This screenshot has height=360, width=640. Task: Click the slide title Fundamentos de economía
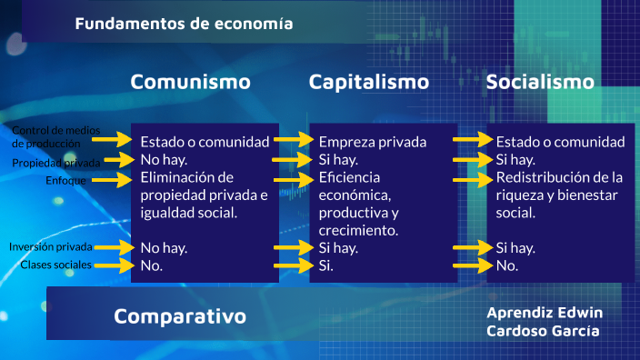184,24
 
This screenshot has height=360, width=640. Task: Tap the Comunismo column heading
190,82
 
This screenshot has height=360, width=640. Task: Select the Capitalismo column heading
368,82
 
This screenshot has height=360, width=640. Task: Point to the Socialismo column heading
540,82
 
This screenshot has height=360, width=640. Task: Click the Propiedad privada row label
56,163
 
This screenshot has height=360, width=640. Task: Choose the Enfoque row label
65,180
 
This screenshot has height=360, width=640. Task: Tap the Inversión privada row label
51,246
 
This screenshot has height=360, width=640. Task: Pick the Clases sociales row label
56,265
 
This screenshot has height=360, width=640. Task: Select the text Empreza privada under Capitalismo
372,142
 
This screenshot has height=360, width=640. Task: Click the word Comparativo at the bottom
180,316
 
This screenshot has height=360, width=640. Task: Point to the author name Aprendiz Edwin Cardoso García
545,321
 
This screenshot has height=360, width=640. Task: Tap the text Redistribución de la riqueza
559,185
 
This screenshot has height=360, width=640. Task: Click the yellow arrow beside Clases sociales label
113,265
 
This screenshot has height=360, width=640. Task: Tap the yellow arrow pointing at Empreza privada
293,140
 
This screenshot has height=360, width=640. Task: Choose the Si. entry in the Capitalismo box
325,265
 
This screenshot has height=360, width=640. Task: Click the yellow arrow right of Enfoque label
113,180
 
